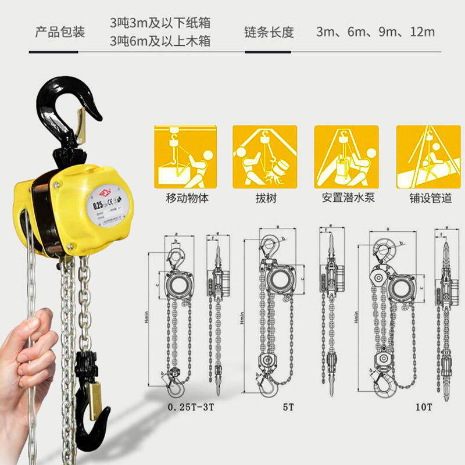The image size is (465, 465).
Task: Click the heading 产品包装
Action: pos(60,32)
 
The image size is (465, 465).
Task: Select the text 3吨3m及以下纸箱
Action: pos(160,23)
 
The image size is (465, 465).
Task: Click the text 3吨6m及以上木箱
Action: pos(160,41)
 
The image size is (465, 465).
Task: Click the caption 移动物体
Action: pos(185,198)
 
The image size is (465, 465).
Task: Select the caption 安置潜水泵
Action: pos(348,198)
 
